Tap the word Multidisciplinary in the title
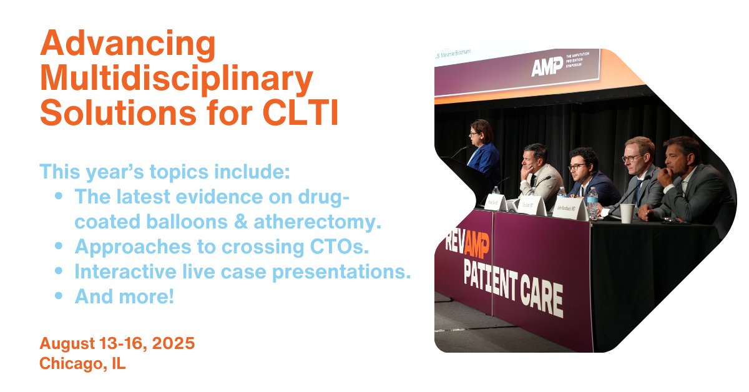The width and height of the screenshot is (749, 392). coord(176,80)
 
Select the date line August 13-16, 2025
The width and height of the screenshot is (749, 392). coord(117,343)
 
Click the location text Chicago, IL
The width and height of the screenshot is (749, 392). coord(82,363)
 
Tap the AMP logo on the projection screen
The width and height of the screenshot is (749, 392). coord(546,67)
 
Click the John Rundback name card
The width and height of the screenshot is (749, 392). coord(569,209)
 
